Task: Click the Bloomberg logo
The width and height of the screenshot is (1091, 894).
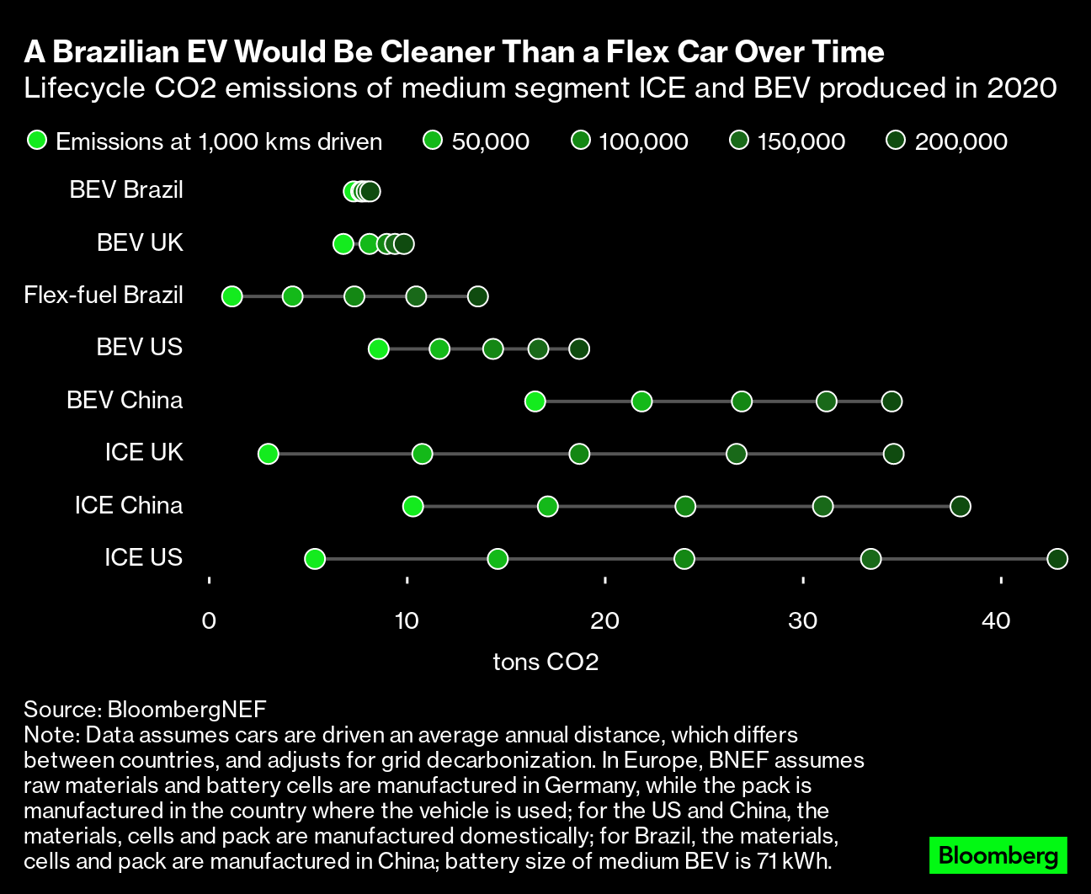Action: tap(998, 855)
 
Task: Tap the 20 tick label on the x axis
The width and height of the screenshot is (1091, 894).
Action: tap(604, 621)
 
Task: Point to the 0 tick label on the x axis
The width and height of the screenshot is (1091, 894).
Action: tap(209, 621)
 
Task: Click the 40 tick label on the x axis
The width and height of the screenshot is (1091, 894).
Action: tap(997, 621)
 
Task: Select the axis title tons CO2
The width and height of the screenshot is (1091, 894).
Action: tap(545, 662)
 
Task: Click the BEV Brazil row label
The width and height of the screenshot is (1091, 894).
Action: tap(126, 190)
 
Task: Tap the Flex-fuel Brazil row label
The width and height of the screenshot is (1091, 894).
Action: tap(104, 295)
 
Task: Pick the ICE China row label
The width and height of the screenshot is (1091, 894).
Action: tap(129, 505)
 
